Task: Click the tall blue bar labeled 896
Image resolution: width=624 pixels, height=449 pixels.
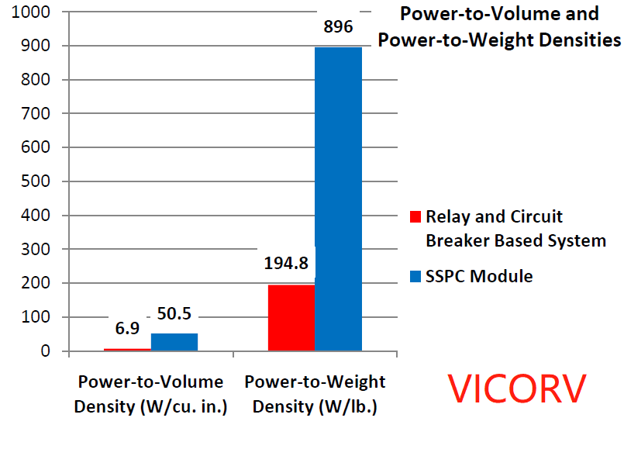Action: tap(338, 199)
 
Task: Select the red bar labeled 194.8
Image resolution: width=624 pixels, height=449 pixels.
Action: tap(291, 318)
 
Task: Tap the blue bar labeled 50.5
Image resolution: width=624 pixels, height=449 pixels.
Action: tap(174, 342)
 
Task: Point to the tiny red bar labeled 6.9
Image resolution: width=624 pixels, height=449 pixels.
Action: tap(127, 350)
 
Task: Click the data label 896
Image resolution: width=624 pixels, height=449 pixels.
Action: tap(338, 27)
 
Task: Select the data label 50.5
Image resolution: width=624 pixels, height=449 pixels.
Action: tap(174, 315)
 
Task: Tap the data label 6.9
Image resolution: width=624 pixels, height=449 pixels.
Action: tap(127, 329)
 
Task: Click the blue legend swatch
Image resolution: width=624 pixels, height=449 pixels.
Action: tap(415, 277)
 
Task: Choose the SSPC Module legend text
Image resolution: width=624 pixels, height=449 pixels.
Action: tap(479, 276)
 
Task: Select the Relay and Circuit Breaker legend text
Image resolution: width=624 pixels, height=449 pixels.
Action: tap(515, 229)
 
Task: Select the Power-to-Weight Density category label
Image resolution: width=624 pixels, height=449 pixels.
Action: tap(315, 394)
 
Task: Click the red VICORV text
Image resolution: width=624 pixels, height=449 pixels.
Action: tap(518, 389)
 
